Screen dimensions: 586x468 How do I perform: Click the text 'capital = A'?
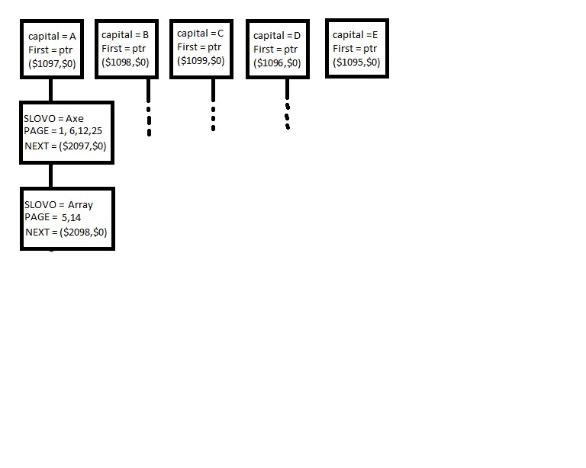52,37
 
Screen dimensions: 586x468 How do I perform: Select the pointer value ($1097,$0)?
52,64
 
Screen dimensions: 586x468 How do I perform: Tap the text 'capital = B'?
125,35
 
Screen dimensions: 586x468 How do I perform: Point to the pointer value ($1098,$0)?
125,63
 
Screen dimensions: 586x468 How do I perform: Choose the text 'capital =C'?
201,34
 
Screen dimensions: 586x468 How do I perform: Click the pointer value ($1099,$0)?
201,61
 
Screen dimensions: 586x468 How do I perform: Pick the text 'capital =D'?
277,36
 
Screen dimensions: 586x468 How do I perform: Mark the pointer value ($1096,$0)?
277,63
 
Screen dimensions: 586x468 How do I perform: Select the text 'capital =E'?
355,35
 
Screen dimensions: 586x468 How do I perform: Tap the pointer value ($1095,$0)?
356,63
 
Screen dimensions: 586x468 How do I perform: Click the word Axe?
75,119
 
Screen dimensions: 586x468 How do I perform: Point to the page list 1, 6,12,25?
80,131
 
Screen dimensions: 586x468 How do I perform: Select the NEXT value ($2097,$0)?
82,146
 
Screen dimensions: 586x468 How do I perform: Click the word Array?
80,205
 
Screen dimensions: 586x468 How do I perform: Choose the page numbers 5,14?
72,217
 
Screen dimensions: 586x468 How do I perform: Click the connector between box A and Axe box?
51,90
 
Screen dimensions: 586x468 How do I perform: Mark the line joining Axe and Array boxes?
51,176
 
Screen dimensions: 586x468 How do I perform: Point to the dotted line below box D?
288,104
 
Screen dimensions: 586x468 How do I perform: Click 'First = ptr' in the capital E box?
355,49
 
